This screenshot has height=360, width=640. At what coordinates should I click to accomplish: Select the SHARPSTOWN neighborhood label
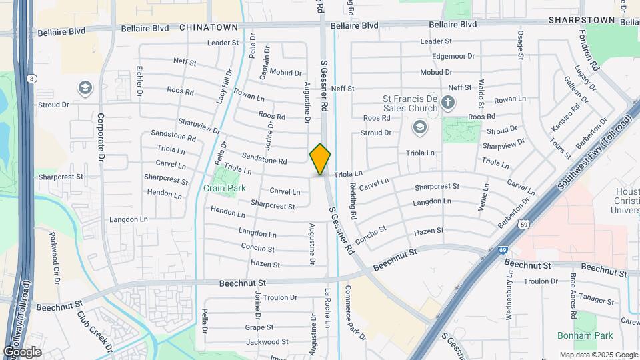[x=581, y=21]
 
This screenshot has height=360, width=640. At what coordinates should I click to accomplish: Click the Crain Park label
[x=225, y=188]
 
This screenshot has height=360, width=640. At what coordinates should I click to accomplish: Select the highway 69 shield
[x=501, y=250]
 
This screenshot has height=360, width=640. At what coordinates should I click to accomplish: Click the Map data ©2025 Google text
[x=598, y=355]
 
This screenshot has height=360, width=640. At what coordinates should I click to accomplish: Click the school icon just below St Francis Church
[x=419, y=127]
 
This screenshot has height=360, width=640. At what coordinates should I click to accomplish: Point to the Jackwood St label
[x=267, y=342]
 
